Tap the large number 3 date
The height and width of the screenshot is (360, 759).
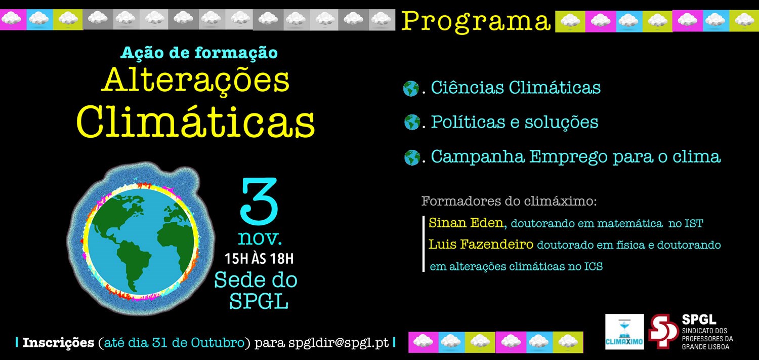tap(259, 201)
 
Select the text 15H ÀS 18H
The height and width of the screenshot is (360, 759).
tap(259, 259)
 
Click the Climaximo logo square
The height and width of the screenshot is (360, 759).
tap(624, 332)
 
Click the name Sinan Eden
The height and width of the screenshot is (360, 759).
tap(468, 223)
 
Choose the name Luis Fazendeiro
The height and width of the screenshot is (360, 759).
tap(481, 244)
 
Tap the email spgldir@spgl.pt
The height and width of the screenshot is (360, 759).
tap(339, 343)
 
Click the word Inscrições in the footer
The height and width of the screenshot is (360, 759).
tap(58, 343)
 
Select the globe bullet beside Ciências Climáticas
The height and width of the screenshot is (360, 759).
tap(411, 89)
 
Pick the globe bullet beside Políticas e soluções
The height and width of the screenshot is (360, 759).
tap(412, 122)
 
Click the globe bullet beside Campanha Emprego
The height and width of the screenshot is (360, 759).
tap(412, 157)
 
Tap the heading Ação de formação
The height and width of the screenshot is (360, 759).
tap(199, 53)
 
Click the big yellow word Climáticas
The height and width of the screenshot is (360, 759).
tap(196, 123)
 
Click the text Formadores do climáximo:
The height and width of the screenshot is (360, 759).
tap(509, 201)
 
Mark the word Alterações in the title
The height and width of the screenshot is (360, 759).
tap(196, 82)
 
